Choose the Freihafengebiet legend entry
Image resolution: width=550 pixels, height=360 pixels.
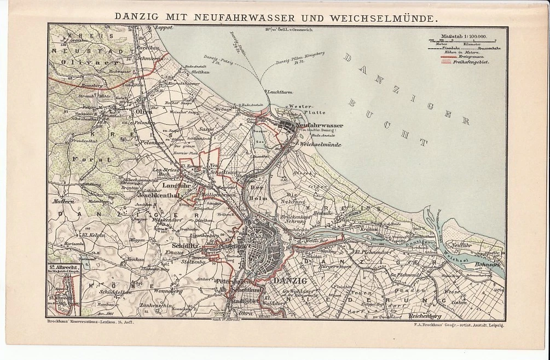tap(474, 62)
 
